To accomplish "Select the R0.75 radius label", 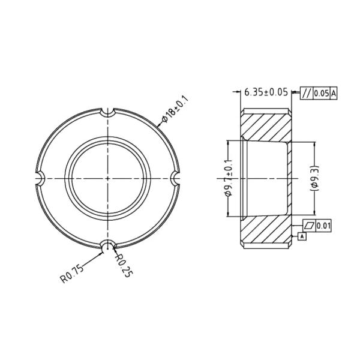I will (x=71, y=277).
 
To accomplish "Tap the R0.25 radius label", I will (x=122, y=265).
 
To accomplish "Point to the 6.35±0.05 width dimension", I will (x=266, y=92).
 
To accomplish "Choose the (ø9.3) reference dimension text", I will (x=314, y=178).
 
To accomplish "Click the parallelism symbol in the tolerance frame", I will (x=307, y=92).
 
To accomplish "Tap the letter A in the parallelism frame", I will (x=334, y=92).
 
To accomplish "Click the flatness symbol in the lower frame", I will (x=309, y=226).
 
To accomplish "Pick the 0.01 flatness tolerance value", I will (x=324, y=226).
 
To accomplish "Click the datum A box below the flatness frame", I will (x=302, y=237).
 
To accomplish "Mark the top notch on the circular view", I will (x=107, y=112).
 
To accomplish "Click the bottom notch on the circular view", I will (x=107, y=245).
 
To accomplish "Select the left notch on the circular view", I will (x=41, y=178).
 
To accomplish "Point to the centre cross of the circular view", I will (x=107, y=178).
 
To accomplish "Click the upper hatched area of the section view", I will (x=267, y=124).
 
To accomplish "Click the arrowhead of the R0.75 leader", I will (x=101, y=251).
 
